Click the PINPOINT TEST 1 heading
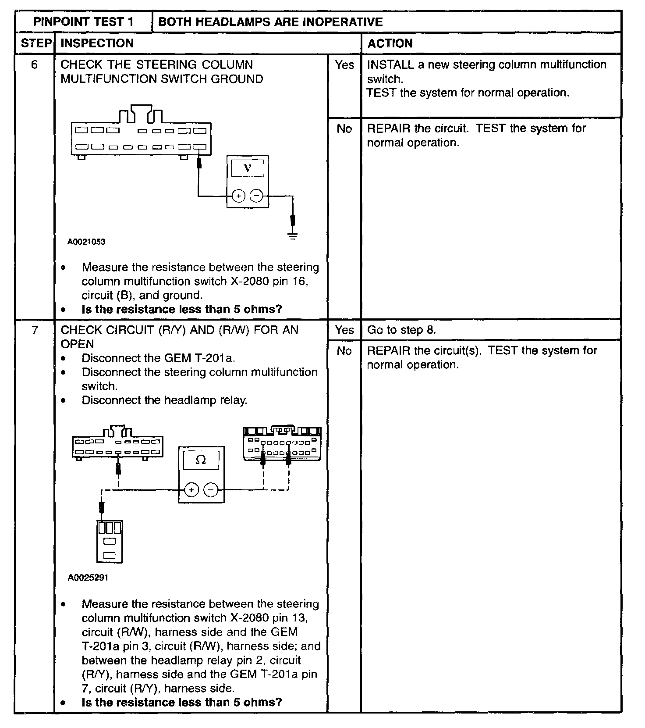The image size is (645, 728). click(83, 22)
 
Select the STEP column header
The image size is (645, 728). click(35, 43)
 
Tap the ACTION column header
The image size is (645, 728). click(390, 43)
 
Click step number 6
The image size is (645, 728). click(35, 65)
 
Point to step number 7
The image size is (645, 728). click(35, 330)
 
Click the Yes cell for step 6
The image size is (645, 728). click(344, 65)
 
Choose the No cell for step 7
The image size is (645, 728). click(344, 351)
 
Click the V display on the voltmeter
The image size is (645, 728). click(248, 168)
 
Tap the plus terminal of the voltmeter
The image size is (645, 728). click(238, 196)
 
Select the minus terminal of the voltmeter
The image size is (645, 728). click(257, 196)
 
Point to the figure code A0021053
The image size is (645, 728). click(86, 242)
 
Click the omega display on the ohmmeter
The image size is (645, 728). click(201, 460)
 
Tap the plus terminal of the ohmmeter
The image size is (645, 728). click(191, 489)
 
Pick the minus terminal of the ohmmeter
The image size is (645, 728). click(211, 489)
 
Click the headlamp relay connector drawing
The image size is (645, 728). click(110, 541)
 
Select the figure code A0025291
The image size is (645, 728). click(88, 578)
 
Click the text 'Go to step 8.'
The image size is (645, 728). click(401, 330)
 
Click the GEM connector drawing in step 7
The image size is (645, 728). click(282, 443)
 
